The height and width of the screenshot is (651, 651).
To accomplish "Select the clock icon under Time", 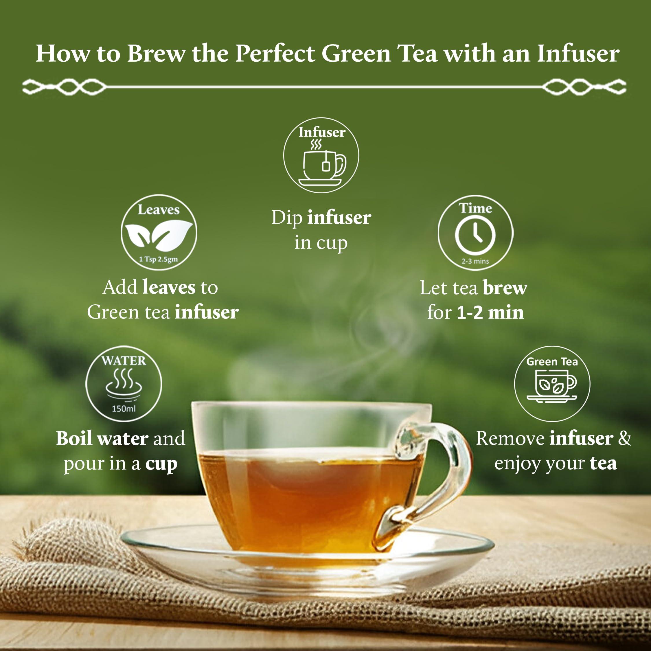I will pos(475,235).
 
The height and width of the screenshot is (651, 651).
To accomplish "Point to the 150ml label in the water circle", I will pos(124,409).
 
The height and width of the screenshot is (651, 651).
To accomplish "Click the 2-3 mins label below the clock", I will pos(475,261).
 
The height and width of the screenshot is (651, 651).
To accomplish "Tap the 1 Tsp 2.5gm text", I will pos(158,260).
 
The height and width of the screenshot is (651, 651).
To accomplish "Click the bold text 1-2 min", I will pos(490,312).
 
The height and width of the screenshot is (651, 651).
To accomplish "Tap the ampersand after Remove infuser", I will pos(624,438).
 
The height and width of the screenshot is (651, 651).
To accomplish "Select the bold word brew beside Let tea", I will pos(505,288).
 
